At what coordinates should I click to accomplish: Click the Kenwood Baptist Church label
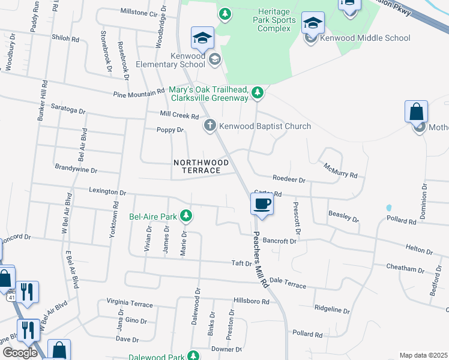point(265,126)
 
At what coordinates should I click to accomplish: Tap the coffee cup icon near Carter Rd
point(261,205)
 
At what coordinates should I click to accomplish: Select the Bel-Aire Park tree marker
point(187,215)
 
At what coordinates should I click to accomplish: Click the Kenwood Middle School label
point(365,38)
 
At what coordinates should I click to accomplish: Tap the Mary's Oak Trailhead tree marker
point(258,92)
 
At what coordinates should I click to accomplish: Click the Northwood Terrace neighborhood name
point(201,166)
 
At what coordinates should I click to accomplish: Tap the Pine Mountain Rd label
point(139,94)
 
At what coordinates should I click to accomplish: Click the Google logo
point(20,353)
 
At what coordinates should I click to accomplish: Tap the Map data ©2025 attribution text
point(423,355)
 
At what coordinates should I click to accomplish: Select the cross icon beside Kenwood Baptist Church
point(209,125)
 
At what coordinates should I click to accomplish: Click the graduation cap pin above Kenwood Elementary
point(203,38)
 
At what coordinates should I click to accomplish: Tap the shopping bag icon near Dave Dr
point(59,350)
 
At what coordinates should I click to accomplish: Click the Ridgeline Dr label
point(332,310)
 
